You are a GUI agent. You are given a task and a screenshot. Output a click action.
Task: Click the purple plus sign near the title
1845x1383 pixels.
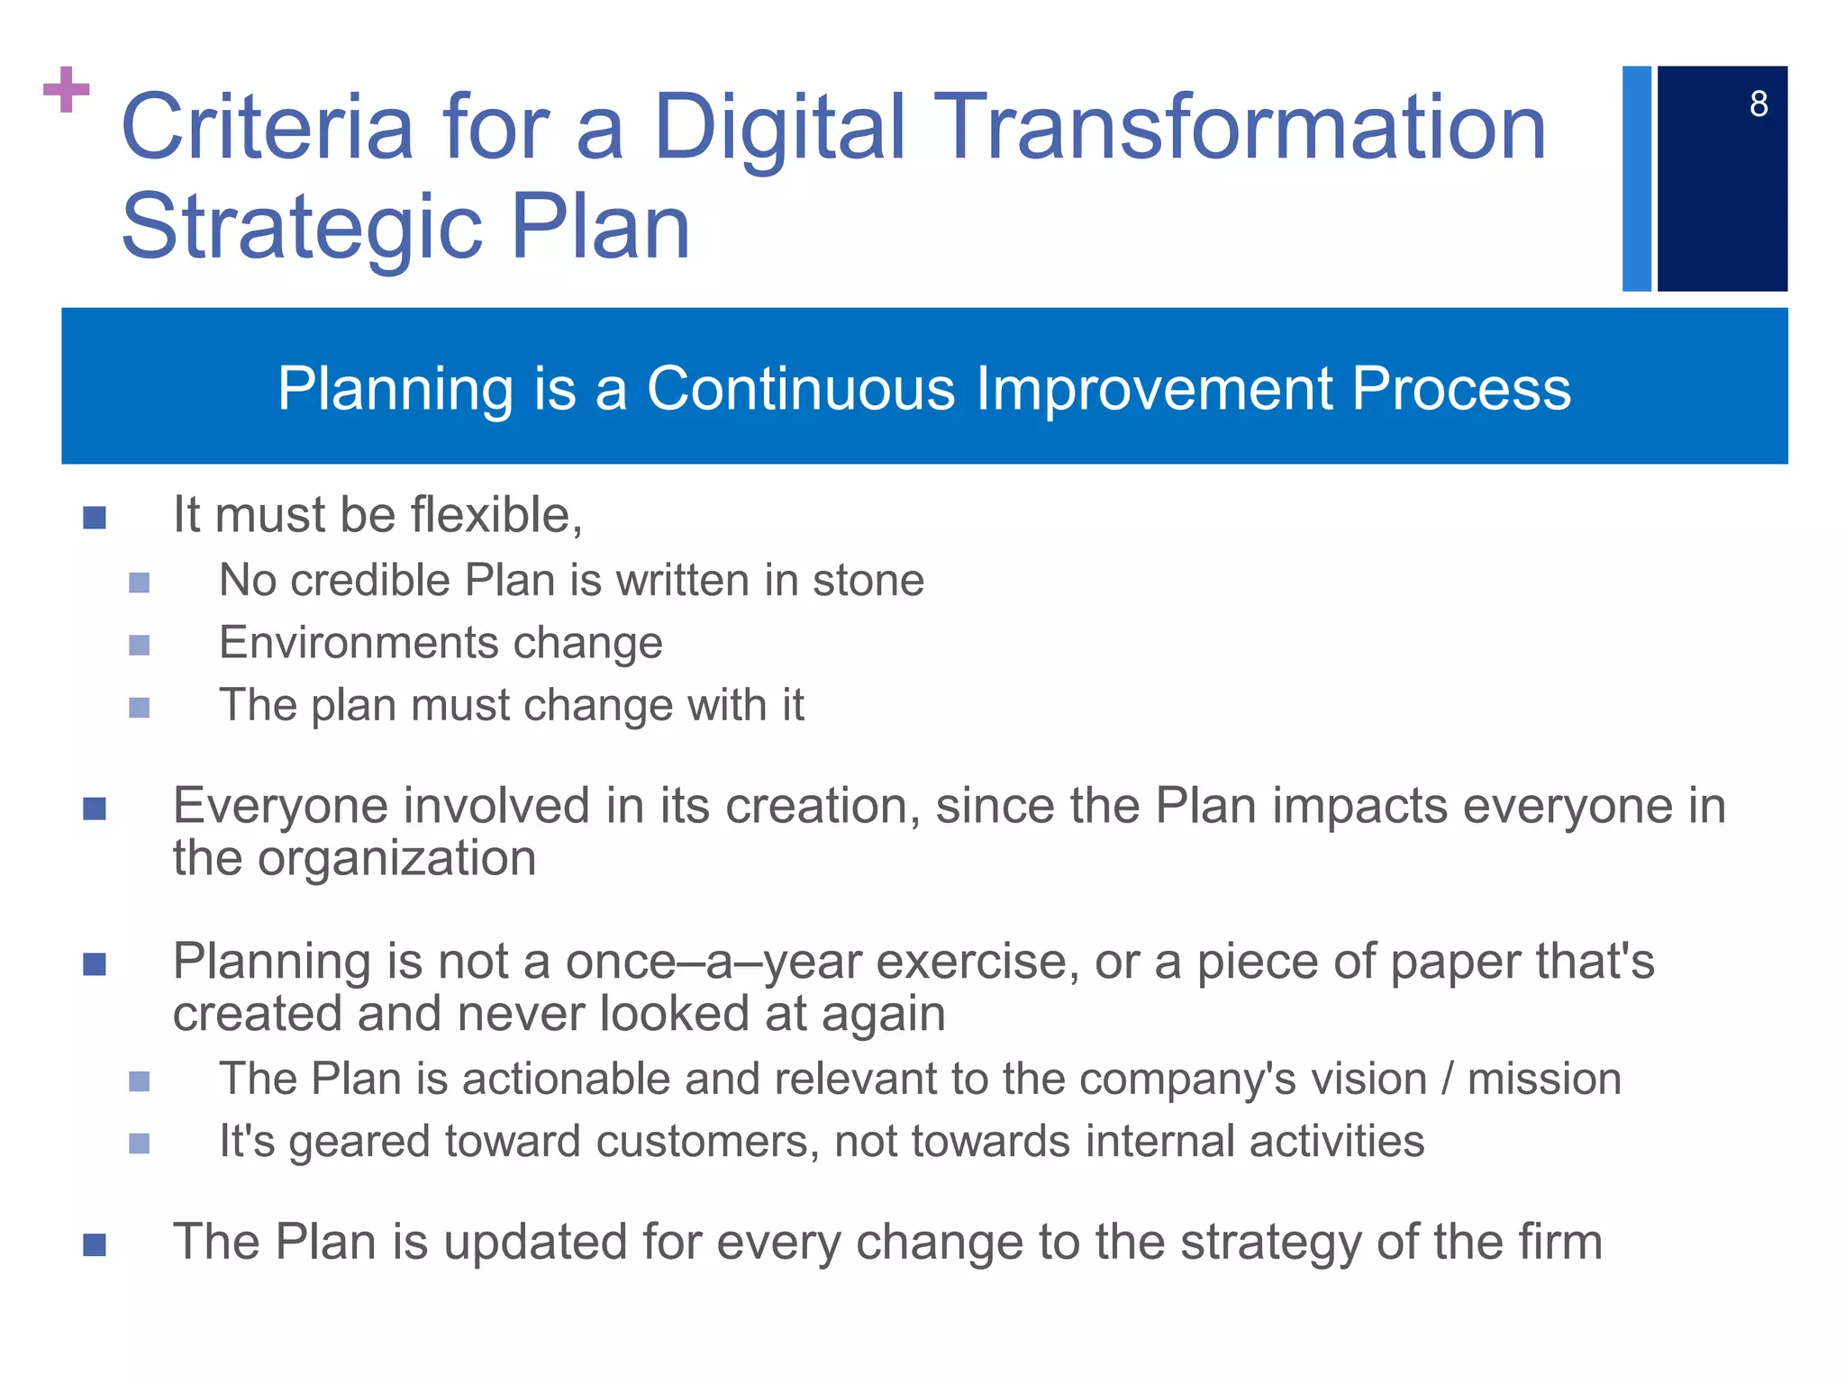(66, 89)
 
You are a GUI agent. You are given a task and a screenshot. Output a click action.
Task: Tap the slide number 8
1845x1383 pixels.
(1759, 104)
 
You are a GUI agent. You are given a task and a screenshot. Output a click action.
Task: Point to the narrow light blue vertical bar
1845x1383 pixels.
(1636, 178)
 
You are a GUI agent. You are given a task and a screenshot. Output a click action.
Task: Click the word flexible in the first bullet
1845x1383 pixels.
(496, 515)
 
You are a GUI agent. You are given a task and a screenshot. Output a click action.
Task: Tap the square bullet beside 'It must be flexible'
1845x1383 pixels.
(95, 518)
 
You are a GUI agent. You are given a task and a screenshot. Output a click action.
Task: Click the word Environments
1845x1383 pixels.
(357, 643)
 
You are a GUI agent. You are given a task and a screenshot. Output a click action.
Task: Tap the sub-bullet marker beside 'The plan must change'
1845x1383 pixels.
(139, 708)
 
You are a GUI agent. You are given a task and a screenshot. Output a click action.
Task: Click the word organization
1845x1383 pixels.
(396, 858)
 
